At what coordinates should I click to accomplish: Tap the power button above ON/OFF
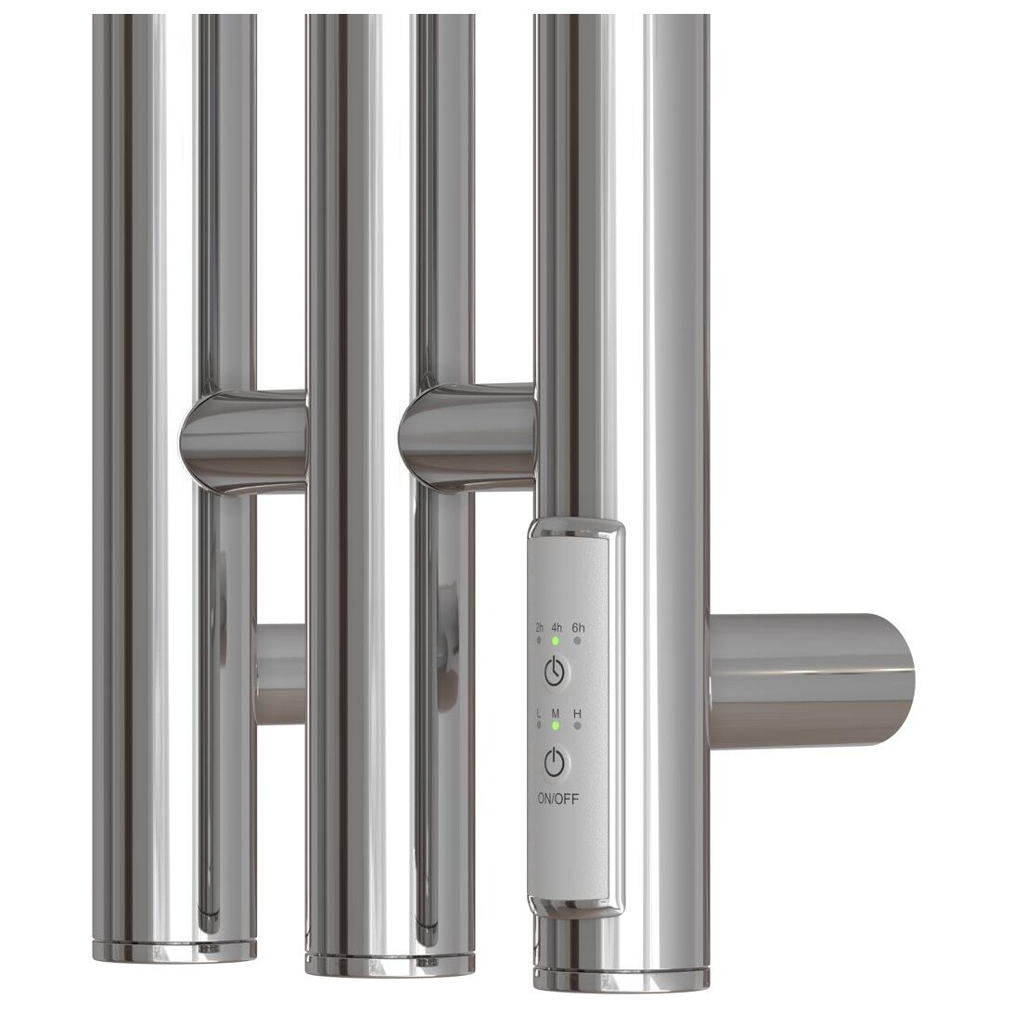tap(555, 763)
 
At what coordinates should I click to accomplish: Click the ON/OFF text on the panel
tap(558, 799)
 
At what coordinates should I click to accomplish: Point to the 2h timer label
tap(540, 627)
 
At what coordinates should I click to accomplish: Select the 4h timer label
tap(557, 627)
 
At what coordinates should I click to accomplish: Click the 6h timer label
tap(578, 627)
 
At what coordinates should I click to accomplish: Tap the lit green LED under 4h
tap(555, 641)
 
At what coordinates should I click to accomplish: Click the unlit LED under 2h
tap(539, 641)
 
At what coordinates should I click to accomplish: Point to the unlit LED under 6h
tap(578, 641)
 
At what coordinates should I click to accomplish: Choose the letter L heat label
tap(539, 713)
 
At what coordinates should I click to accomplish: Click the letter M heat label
tap(555, 713)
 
